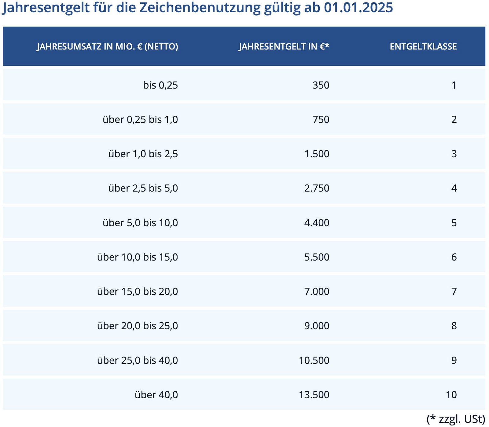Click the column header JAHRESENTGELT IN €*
coord(284,47)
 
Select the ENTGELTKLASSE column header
coord(423,47)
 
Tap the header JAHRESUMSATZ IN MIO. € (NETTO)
coord(107,47)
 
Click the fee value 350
coord(321,85)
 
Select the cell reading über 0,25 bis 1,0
coord(140,119)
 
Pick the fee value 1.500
coord(317,154)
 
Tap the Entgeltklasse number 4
coord(454,188)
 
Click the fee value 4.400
coord(317,223)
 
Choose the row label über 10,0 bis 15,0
coord(137,257)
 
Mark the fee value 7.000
coord(317,292)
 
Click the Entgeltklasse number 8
coord(454,326)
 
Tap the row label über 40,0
coord(156,395)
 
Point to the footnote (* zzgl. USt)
coord(456,419)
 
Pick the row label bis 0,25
coord(160,85)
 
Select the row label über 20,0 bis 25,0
coord(137,326)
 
